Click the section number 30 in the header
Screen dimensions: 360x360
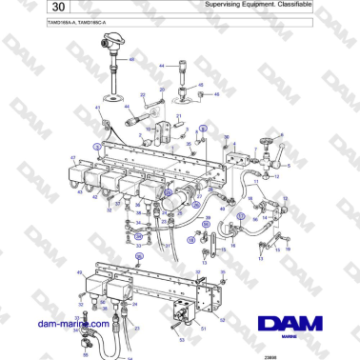click(x=28, y=9)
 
